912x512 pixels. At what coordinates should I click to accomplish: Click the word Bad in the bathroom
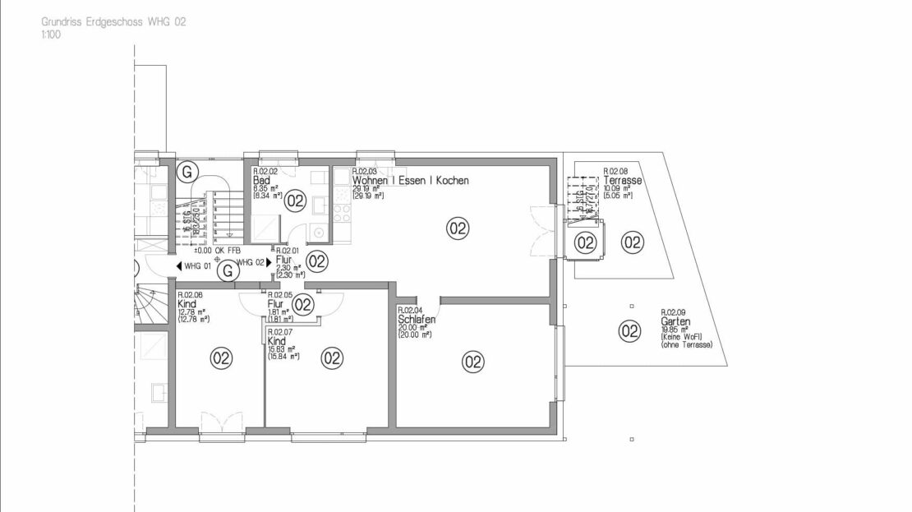[262, 181]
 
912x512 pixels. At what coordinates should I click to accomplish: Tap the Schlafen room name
[411, 320]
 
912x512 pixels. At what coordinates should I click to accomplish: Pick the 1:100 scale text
[50, 36]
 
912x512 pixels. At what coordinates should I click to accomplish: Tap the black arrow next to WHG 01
[178, 266]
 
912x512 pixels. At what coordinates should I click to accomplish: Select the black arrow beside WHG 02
[268, 262]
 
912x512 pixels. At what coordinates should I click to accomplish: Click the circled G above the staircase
[187, 172]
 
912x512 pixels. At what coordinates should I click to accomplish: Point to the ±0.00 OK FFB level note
[217, 250]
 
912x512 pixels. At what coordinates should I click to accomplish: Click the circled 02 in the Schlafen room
[472, 360]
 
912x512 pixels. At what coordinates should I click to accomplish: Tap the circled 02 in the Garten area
[629, 331]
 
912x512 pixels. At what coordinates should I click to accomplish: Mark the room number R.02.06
[191, 294]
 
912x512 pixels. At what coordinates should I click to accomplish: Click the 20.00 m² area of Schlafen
[411, 329]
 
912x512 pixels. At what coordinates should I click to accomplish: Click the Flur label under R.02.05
[276, 303]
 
